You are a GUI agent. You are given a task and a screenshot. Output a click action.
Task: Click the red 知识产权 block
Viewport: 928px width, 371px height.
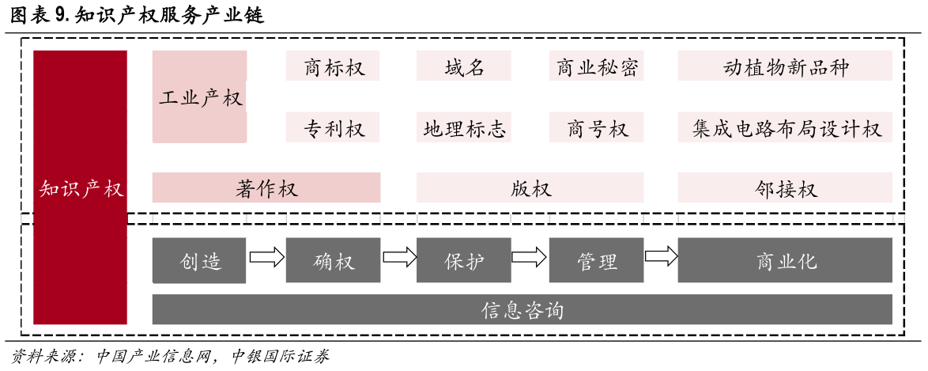80,187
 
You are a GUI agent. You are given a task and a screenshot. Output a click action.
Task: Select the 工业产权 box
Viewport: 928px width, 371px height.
199,97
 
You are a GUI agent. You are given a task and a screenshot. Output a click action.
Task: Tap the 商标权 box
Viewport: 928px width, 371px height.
333,66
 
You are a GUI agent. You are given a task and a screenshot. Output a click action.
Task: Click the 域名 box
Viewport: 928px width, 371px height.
464,66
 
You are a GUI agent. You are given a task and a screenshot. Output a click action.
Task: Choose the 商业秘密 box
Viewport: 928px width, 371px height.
597,66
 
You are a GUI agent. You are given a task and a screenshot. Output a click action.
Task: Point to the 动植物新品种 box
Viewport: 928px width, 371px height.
785,66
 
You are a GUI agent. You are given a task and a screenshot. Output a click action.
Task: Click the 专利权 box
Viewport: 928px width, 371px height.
333,127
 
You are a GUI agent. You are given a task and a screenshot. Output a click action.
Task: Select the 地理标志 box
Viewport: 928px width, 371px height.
464,127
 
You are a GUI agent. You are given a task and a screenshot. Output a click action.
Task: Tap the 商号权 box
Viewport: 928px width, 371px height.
597,127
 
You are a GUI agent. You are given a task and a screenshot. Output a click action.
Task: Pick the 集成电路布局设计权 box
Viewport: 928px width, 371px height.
785,127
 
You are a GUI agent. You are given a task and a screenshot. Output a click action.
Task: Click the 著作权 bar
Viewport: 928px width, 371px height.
266,188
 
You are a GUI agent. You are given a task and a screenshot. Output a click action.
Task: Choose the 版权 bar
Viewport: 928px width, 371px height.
530,188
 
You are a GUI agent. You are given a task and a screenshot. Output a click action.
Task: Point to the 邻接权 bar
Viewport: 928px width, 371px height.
785,188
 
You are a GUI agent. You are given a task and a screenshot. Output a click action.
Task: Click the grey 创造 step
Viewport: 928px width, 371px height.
199,260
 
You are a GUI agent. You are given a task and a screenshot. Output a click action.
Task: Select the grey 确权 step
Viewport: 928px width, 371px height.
333,260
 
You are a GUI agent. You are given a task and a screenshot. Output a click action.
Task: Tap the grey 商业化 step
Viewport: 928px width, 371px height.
785,260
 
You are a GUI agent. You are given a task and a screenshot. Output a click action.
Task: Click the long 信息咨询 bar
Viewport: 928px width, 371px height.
522,309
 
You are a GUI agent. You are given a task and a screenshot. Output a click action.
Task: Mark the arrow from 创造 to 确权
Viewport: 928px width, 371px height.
266,256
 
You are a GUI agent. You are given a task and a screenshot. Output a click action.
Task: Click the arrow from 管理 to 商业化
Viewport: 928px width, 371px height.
661,256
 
